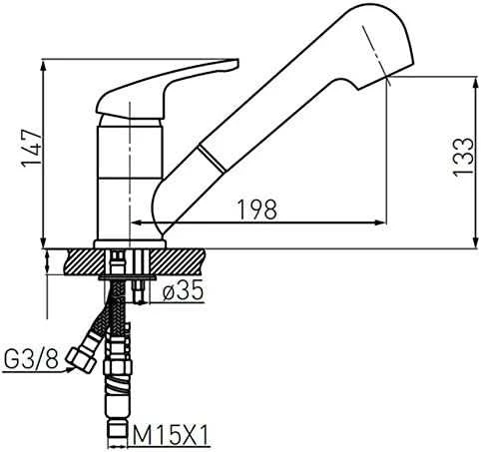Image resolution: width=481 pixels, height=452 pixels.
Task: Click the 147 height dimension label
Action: pyautogui.click(x=31, y=147)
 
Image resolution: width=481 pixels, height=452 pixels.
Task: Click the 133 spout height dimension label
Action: pyautogui.click(x=463, y=156)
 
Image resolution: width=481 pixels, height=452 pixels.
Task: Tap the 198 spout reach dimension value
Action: pyautogui.click(x=257, y=210)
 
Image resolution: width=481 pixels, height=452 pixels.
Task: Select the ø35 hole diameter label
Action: pyautogui.click(x=183, y=291)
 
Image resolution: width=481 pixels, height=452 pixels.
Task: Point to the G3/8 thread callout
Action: pyautogui.click(x=31, y=359)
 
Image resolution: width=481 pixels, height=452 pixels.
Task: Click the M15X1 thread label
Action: pyautogui.click(x=171, y=434)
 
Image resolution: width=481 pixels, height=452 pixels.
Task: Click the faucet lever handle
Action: pyautogui.click(x=168, y=89)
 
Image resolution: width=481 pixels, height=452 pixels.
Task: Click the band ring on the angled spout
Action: pyautogui.click(x=212, y=159)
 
